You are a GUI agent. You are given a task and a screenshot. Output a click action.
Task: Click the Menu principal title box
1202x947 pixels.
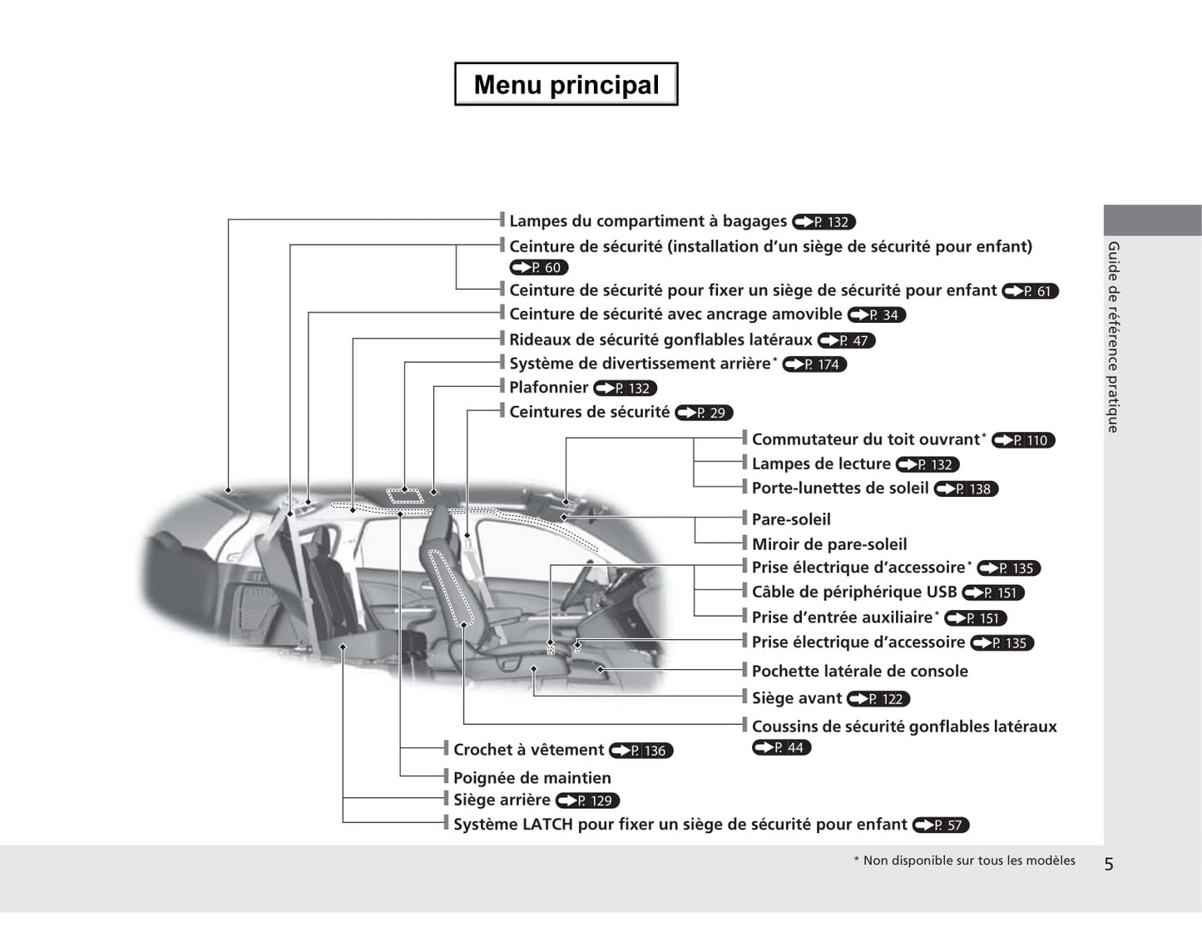pyautogui.click(x=566, y=84)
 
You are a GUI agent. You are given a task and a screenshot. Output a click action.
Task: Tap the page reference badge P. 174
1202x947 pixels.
pyautogui.click(x=814, y=364)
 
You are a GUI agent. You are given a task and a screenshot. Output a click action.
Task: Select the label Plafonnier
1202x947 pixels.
pyautogui.click(x=548, y=387)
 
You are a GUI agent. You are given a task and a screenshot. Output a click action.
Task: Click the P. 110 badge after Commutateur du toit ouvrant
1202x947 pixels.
pyautogui.click(x=1023, y=440)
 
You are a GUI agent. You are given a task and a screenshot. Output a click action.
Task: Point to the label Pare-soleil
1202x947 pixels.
pyautogui.click(x=790, y=519)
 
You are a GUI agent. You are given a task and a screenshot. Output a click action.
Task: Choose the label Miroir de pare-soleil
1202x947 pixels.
pyautogui.click(x=829, y=544)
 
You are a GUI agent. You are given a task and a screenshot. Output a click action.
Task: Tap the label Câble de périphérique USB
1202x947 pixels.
pyautogui.click(x=853, y=592)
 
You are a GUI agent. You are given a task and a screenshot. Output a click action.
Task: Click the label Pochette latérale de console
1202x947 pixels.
pyautogui.click(x=859, y=671)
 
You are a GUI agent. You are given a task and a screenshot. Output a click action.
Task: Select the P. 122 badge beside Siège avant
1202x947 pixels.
pyautogui.click(x=878, y=699)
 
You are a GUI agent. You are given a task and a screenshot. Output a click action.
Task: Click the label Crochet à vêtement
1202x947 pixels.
pyautogui.click(x=528, y=750)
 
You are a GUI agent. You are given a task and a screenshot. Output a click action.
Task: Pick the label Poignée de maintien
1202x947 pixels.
pyautogui.click(x=532, y=778)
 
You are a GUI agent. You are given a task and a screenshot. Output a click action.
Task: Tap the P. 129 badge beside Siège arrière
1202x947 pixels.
pyautogui.click(x=587, y=801)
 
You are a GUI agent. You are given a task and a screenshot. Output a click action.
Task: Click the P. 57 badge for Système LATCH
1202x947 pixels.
pyautogui.click(x=941, y=825)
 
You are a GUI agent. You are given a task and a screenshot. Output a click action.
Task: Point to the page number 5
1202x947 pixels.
pyautogui.click(x=1108, y=864)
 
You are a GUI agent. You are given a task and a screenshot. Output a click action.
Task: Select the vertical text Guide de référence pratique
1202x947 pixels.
pyautogui.click(x=1113, y=337)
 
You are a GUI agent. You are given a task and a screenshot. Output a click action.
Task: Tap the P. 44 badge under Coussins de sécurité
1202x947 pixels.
pyautogui.click(x=781, y=747)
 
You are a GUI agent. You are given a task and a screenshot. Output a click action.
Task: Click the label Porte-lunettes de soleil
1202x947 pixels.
pyautogui.click(x=839, y=488)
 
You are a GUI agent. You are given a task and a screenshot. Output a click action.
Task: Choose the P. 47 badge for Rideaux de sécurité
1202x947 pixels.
pyautogui.click(x=847, y=340)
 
